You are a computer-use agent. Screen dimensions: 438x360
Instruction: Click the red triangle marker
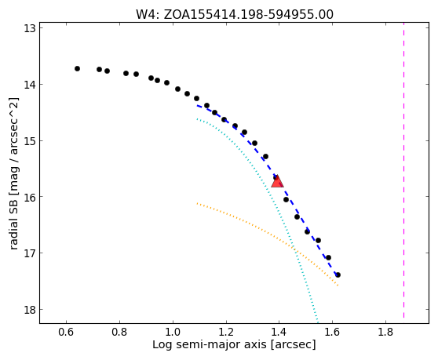277,181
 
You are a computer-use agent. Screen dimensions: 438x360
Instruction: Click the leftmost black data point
78,69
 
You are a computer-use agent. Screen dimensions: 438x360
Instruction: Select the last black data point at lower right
338,275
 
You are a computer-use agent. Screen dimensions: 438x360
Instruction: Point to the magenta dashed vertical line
403,170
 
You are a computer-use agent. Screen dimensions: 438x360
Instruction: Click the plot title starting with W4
235,15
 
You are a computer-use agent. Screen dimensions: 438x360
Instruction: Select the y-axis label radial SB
14,173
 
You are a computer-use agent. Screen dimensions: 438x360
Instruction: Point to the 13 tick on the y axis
30,28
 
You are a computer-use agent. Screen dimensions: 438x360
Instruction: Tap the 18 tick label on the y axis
30,310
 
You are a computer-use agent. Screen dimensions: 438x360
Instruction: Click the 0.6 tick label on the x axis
66,332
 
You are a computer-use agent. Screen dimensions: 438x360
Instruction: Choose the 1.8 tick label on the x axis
385,332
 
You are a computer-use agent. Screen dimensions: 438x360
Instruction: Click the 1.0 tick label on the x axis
173,332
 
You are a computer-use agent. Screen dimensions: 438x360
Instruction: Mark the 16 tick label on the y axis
30,197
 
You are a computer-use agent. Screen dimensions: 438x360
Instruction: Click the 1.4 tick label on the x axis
279,332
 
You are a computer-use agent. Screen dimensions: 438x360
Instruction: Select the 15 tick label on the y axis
30,141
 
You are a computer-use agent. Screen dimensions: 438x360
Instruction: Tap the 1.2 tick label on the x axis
226,332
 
